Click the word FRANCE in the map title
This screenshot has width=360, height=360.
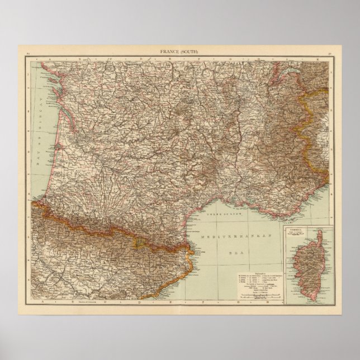pyautogui.click(x=170, y=52)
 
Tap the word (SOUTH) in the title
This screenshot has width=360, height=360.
pyautogui.click(x=190, y=52)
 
